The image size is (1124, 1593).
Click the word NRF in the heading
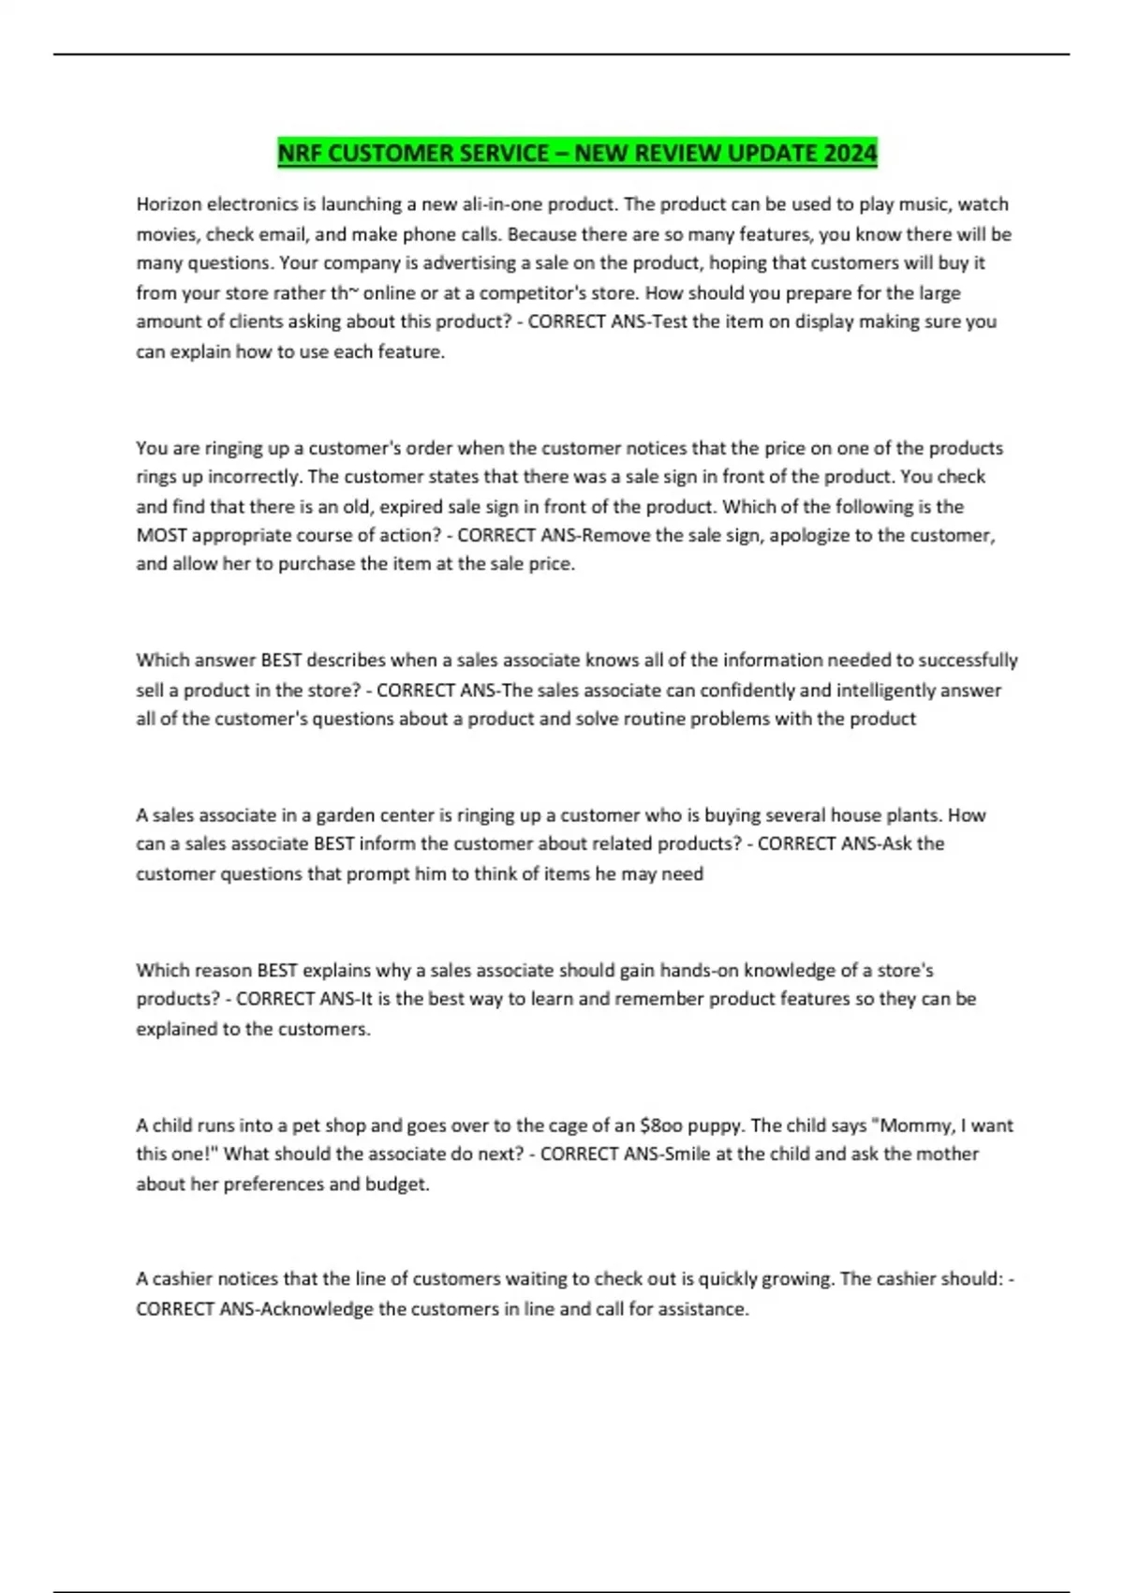click(x=300, y=153)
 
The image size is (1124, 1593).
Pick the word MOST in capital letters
click(x=161, y=535)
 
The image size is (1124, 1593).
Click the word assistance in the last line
click(x=702, y=1309)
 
